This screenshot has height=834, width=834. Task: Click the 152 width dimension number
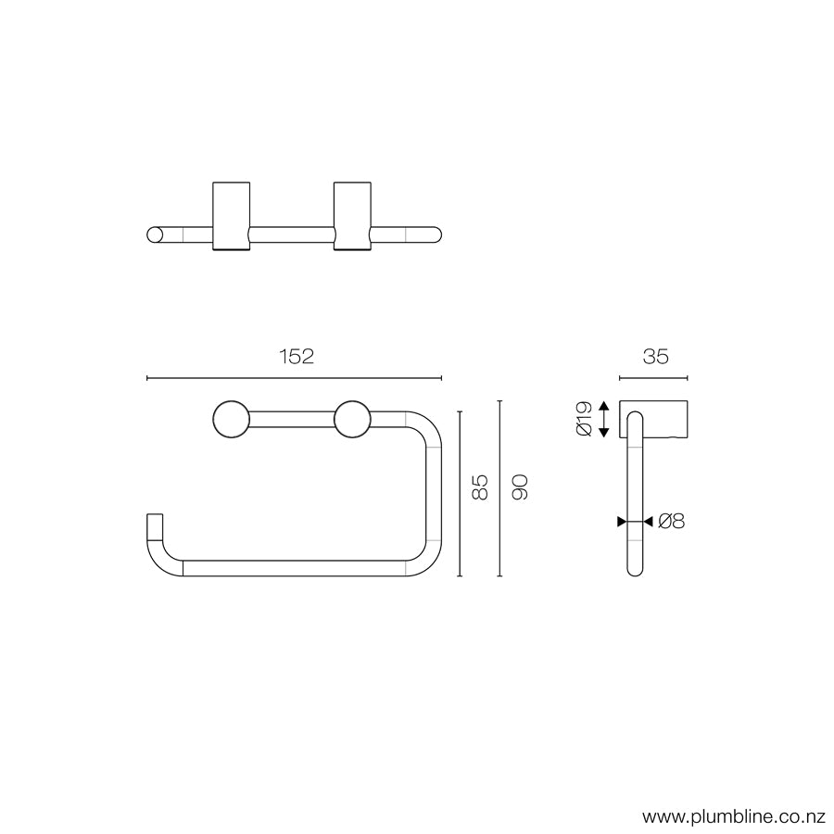pyautogui.click(x=295, y=357)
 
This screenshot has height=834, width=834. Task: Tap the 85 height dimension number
pyautogui.click(x=480, y=487)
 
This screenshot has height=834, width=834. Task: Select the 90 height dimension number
pyautogui.click(x=520, y=487)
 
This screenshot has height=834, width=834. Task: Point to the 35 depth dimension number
pyautogui.click(x=654, y=357)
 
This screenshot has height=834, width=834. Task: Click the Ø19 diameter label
pyautogui.click(x=583, y=419)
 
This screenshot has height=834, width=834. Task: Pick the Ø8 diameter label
pyautogui.click(x=671, y=522)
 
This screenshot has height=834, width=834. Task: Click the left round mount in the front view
pyautogui.click(x=229, y=419)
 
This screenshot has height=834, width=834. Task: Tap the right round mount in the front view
pyautogui.click(x=353, y=419)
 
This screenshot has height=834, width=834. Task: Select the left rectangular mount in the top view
pyautogui.click(x=231, y=214)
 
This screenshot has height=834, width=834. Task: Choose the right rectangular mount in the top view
pyautogui.click(x=352, y=214)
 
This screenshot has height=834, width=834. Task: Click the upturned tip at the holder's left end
pyautogui.click(x=155, y=525)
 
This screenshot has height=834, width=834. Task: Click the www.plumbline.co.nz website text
pyautogui.click(x=733, y=817)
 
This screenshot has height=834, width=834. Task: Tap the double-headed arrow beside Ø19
pyautogui.click(x=604, y=419)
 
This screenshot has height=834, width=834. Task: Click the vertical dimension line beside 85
pyautogui.click(x=460, y=492)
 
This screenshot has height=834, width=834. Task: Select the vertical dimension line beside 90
pyautogui.click(x=499, y=487)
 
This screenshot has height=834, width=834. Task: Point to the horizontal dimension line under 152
pyautogui.click(x=295, y=377)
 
